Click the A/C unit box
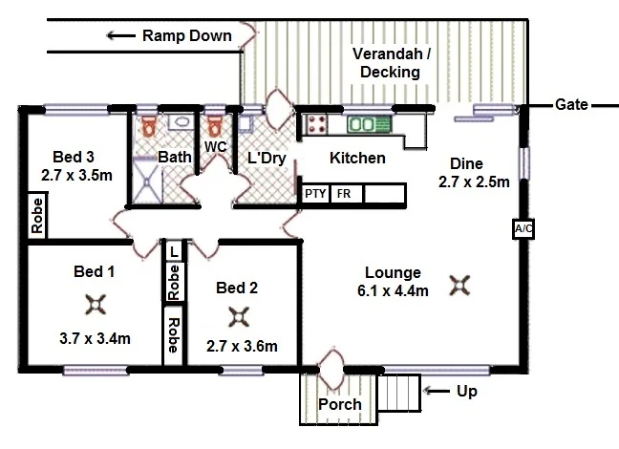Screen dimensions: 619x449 point(523,228)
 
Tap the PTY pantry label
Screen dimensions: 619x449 point(315,194)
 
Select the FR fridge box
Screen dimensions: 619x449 point(346,194)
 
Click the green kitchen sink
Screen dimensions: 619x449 point(370,124)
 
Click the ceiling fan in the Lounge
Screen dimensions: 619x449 point(459,286)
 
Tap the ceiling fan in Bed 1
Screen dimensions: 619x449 point(96,305)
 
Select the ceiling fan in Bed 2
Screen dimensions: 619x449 point(239,317)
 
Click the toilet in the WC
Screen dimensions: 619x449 point(215,125)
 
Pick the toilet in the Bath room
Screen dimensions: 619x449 point(149,125)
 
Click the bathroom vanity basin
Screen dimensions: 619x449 point(181,121)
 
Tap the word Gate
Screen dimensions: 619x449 point(571,105)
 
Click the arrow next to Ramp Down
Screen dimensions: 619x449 point(121,36)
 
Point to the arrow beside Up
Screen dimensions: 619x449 point(437,391)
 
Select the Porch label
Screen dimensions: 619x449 point(340,404)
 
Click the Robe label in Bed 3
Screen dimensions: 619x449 point(37,216)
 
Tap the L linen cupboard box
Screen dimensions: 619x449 point(174,251)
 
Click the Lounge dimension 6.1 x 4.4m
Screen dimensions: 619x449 point(393,291)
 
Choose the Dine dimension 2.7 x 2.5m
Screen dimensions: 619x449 point(474,182)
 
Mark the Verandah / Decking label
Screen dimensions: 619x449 point(391,63)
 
